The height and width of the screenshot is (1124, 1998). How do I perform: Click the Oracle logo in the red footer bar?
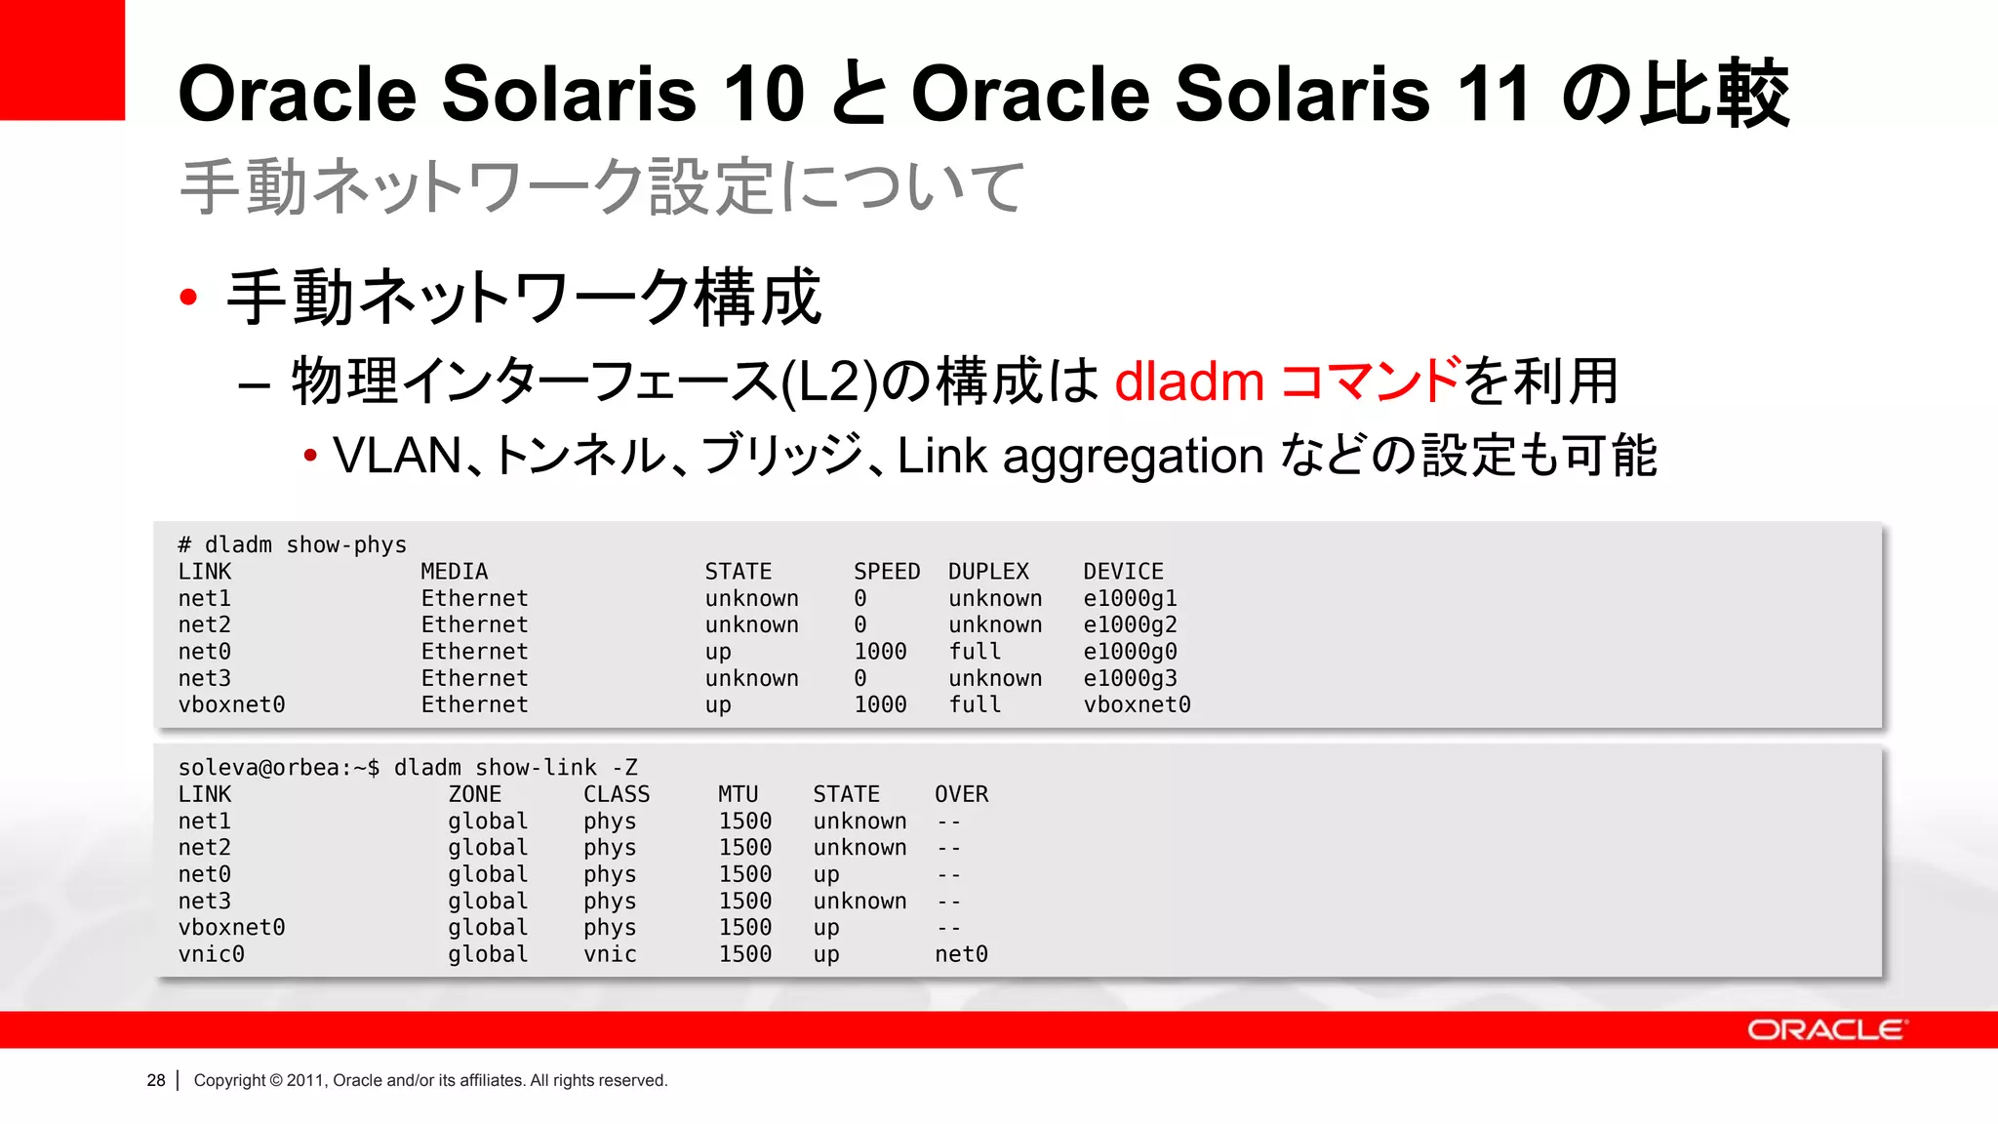(1825, 1030)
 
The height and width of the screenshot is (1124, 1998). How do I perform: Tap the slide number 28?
(156, 1080)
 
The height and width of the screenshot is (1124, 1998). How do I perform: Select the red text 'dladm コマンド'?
(1288, 381)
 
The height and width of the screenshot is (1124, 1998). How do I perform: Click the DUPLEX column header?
(988, 572)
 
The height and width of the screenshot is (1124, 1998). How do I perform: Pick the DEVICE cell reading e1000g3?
(1130, 678)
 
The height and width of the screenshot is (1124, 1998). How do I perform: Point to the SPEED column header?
(886, 572)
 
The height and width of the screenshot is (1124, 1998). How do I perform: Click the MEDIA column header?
(454, 572)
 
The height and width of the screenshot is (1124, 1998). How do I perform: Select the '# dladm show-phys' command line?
(292, 544)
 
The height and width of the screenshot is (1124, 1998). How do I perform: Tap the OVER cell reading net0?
(961, 954)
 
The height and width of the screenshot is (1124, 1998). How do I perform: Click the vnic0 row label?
(211, 954)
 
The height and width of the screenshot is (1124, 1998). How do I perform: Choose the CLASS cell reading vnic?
(610, 954)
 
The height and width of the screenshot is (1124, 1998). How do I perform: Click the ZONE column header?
(474, 794)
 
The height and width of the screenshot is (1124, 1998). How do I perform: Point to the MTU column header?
(738, 794)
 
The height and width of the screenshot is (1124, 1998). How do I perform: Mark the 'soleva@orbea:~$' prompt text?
(278, 768)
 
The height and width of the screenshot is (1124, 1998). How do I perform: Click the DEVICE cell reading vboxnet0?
(1137, 704)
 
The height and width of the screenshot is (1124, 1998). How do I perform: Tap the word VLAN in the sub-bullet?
(397, 456)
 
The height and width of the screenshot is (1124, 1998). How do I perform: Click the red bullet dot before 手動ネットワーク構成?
(189, 297)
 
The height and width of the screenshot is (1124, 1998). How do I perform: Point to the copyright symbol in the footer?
(275, 1080)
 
